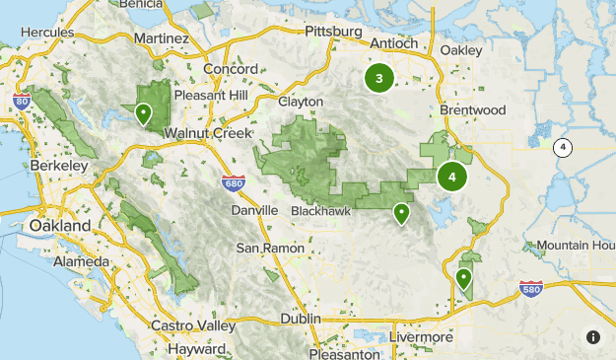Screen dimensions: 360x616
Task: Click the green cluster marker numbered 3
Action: point(379,78)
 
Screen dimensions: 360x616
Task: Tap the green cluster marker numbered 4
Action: point(452,178)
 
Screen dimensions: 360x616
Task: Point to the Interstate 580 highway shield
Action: point(530,288)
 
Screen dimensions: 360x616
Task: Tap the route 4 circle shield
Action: point(562,148)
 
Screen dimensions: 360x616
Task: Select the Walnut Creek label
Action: point(209,133)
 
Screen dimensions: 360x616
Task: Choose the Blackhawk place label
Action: point(321,211)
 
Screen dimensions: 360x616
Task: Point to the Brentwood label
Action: point(473,109)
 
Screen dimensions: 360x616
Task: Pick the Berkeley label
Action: point(59,167)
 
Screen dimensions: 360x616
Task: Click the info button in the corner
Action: point(593,337)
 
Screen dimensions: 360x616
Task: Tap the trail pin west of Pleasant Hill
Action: point(144,114)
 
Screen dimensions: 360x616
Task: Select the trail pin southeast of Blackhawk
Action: point(401,213)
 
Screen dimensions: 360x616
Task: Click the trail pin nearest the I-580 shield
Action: point(464,279)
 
